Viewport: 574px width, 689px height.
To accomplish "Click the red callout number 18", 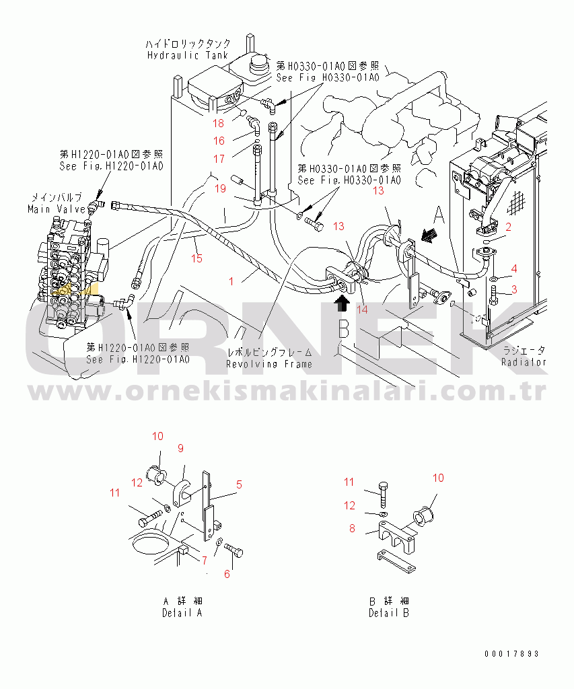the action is click(219, 124).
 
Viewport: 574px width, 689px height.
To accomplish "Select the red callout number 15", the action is click(196, 258).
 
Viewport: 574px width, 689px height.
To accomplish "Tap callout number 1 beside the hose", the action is click(231, 281).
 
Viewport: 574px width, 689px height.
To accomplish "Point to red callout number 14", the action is click(362, 310).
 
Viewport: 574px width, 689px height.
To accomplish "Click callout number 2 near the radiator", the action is click(509, 227).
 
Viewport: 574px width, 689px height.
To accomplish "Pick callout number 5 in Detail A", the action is click(239, 484).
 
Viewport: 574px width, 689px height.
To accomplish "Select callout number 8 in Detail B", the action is click(352, 528).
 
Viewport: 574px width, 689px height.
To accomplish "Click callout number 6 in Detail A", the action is click(227, 574).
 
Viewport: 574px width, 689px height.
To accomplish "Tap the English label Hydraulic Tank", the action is click(188, 55).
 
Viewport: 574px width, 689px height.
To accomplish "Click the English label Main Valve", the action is click(57, 209).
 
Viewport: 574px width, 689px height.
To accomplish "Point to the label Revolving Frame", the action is click(269, 364).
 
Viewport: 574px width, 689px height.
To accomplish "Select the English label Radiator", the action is click(524, 362).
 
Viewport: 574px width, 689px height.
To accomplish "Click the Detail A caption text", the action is click(182, 612).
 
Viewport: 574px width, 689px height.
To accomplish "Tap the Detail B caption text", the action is click(389, 612).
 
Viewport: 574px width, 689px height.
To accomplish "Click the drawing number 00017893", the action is click(511, 654).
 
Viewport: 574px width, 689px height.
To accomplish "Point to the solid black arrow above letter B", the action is click(342, 303).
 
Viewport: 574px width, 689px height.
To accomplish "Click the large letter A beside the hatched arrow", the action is click(439, 215).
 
